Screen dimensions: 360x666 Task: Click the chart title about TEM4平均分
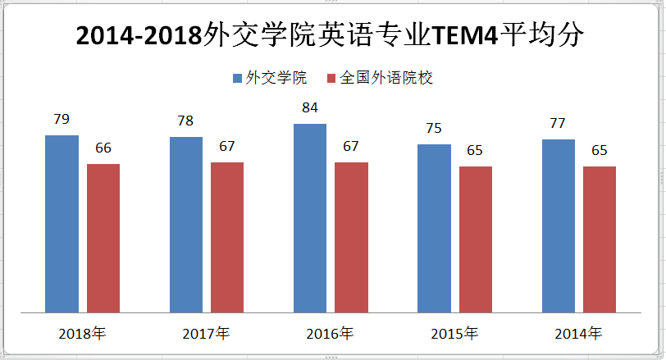332,36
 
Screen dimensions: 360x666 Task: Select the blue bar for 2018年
62,223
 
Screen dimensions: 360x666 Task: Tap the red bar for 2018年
103,238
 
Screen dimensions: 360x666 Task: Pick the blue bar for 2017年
186,224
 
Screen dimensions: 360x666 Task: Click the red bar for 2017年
227,237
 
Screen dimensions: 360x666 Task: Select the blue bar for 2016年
310,217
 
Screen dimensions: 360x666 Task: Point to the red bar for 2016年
351,237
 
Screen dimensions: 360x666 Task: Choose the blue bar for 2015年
434,228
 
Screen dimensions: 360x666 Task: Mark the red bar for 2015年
476,239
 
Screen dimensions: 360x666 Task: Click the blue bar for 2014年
559,226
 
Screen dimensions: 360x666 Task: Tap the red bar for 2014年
600,239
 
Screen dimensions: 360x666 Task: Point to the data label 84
310,107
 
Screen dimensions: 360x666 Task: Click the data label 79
62,120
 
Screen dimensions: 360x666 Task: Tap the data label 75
434,128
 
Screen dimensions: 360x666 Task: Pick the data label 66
103,148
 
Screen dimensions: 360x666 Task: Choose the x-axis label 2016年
330,335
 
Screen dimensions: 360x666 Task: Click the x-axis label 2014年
578,335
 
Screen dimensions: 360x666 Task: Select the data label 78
186,121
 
